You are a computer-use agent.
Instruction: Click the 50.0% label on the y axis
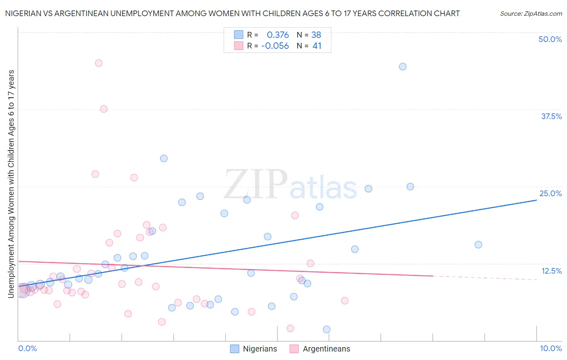(550, 39)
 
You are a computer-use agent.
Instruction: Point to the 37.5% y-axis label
(551, 116)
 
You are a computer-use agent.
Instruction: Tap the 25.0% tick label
(550, 193)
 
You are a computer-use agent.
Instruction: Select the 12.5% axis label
(551, 271)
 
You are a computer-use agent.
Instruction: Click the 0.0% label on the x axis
(27, 348)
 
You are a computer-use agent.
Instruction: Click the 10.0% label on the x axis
(551, 348)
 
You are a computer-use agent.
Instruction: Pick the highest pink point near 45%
(99, 63)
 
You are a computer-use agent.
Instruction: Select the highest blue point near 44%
(402, 67)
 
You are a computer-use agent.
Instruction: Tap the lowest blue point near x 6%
(327, 329)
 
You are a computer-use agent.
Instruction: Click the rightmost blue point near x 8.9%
(478, 245)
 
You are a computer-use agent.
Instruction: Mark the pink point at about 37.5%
(104, 109)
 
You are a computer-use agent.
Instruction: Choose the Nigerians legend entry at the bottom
(254, 349)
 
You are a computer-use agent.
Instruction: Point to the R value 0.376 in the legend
(278, 35)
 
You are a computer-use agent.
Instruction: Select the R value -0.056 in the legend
(275, 46)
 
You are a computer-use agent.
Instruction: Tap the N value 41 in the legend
(317, 46)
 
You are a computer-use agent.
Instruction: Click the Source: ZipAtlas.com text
(531, 14)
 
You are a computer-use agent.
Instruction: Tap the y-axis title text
(11, 184)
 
